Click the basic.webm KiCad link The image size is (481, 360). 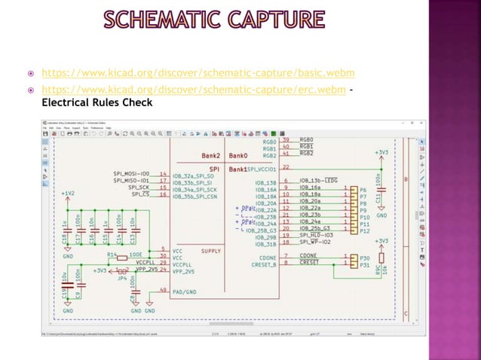[198, 75]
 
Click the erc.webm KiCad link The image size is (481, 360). [193, 90]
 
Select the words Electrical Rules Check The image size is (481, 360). [97, 102]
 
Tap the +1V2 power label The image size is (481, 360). [68, 193]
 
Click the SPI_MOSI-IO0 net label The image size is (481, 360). [133, 174]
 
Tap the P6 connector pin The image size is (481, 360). [363, 190]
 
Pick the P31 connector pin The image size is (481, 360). [364, 264]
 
